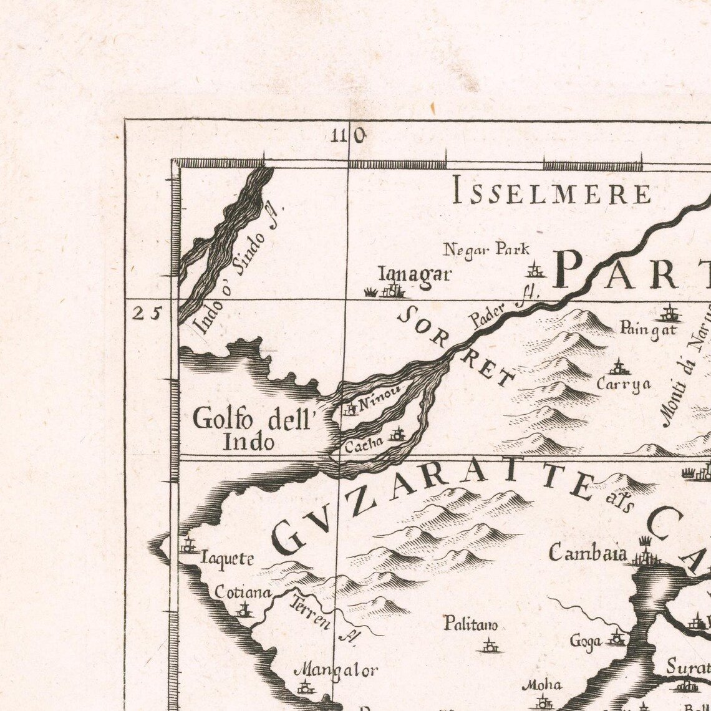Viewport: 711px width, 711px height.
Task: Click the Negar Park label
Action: [486, 250]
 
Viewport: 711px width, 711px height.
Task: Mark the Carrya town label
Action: [623, 384]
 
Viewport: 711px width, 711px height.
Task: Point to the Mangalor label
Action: [336, 671]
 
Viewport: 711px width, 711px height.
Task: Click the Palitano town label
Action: [470, 624]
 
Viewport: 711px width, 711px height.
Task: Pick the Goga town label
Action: [586, 641]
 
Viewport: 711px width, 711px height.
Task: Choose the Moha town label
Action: [537, 685]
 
